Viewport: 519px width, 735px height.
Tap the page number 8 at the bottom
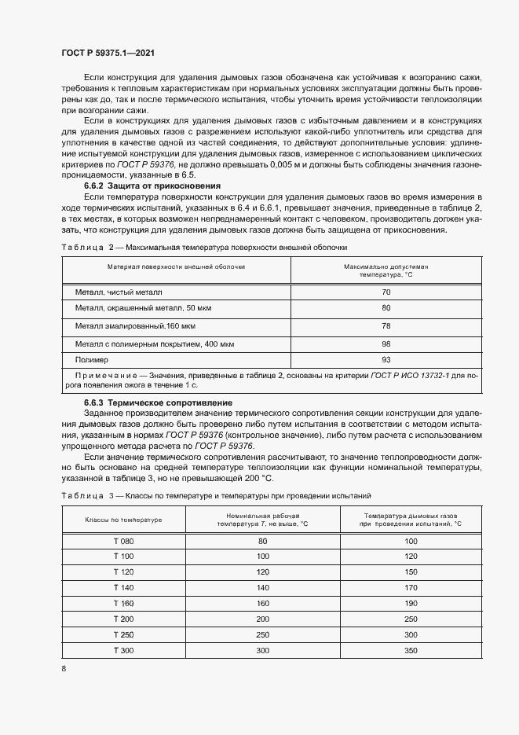click(64, 668)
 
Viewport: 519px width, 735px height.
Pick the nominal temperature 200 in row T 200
click(262, 619)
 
